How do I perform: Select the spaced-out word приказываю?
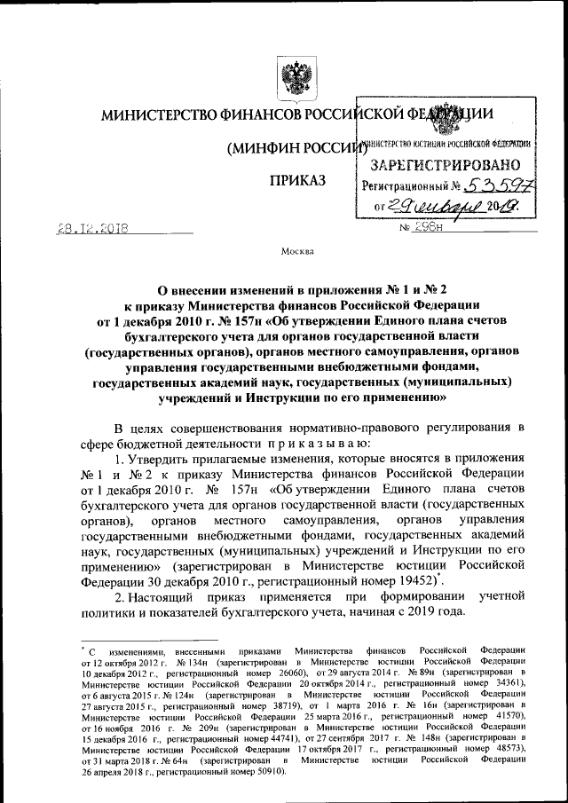tap(315, 442)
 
